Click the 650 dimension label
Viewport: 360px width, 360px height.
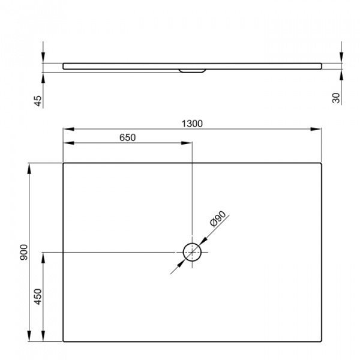127,137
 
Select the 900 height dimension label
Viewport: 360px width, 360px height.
23,252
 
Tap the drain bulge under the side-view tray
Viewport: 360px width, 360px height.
192,70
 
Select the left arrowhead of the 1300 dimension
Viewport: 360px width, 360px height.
67,129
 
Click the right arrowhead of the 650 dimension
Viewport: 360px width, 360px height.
188,143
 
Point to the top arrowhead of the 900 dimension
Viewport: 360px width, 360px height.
29,166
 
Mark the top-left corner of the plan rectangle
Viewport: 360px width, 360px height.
64,163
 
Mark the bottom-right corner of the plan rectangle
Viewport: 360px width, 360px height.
322,341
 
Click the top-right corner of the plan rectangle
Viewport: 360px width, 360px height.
322,163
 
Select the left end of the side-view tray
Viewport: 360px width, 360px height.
64,65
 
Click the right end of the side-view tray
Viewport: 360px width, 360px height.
321,65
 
